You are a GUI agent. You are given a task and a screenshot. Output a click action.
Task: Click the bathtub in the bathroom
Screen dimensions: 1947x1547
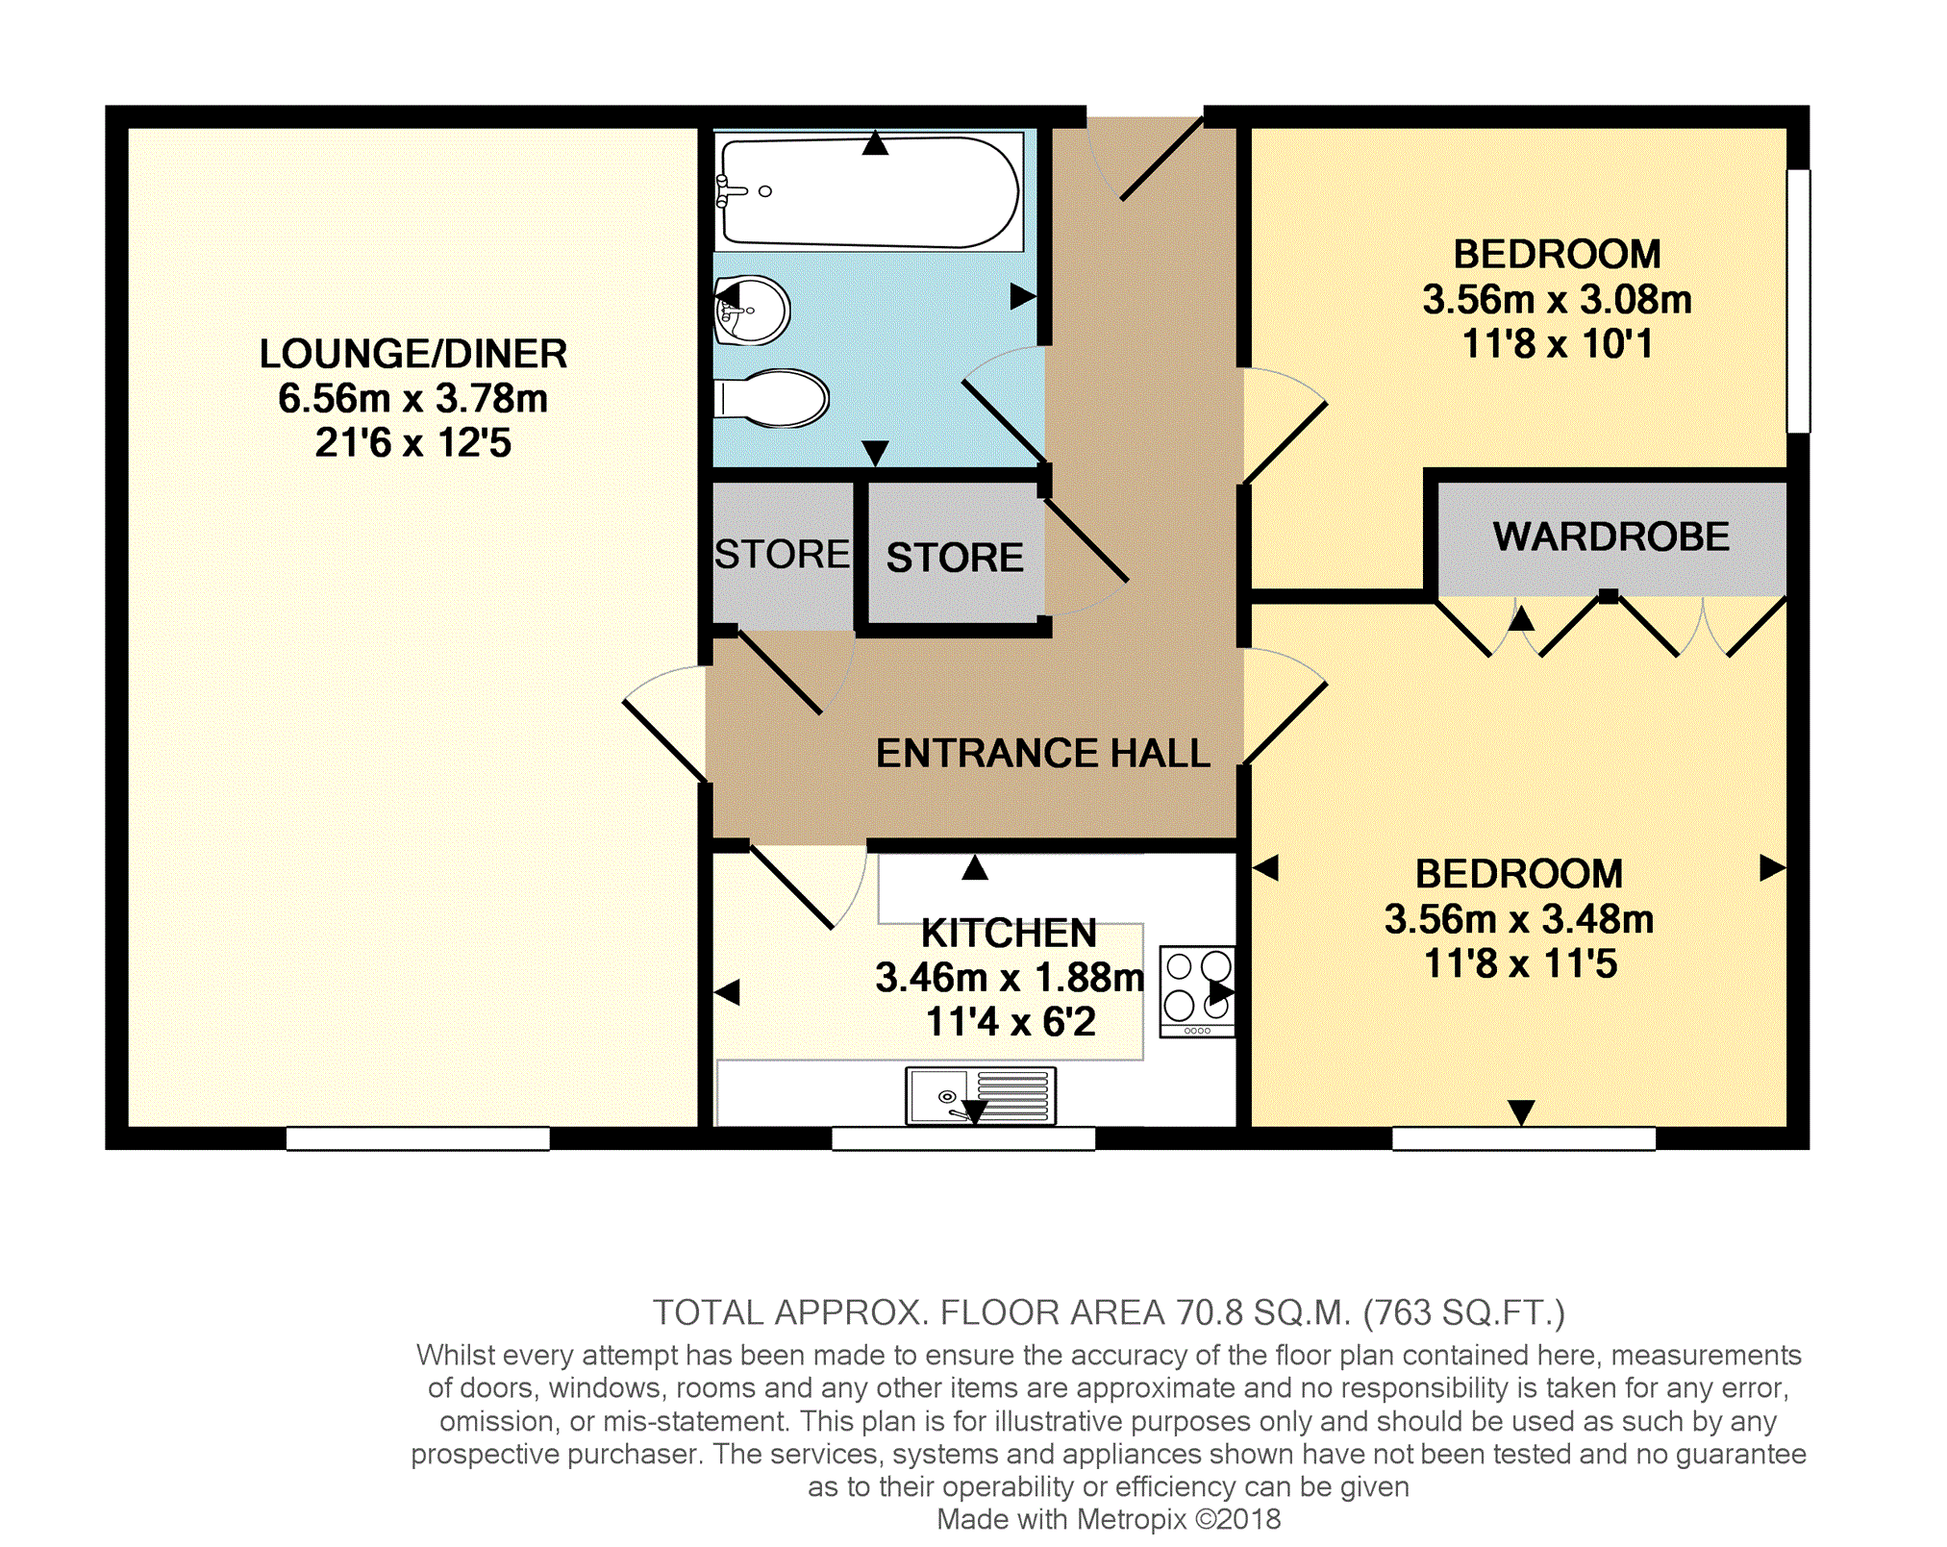point(869,191)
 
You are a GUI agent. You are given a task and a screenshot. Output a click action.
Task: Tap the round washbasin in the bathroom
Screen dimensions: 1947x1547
point(752,310)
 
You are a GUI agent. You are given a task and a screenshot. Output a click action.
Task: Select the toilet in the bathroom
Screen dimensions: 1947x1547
point(771,398)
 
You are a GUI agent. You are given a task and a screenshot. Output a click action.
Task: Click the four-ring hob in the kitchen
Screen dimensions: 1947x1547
point(1197,991)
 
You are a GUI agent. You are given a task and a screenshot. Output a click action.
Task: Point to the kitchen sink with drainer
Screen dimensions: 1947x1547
point(981,1096)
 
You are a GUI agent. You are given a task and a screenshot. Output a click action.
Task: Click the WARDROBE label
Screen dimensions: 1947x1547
point(1610,536)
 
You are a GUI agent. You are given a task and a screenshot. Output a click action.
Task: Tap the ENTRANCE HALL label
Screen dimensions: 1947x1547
point(1043,753)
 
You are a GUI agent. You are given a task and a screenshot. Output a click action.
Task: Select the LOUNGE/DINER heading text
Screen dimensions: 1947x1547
point(413,354)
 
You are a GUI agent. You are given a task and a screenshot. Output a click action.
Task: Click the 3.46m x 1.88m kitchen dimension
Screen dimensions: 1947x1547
point(1010,978)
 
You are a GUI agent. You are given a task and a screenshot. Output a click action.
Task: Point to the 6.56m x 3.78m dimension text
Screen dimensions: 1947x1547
point(413,398)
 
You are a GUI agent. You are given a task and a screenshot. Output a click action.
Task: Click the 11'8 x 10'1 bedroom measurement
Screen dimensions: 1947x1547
point(1558,343)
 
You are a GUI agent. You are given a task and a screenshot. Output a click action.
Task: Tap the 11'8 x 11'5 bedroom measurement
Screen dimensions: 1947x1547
point(1520,963)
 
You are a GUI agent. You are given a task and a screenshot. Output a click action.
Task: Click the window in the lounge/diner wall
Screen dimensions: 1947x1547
point(418,1138)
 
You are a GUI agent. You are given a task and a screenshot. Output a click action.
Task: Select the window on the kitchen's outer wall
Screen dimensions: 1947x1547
point(963,1138)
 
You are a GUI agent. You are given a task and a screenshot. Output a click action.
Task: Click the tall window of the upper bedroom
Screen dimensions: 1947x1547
point(1798,301)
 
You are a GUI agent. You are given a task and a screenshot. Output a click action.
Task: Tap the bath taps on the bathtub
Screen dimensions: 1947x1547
point(730,190)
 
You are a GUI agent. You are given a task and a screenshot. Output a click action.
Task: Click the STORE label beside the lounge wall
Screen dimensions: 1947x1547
point(783,555)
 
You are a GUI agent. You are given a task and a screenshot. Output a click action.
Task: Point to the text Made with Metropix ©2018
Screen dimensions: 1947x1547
point(1109,1519)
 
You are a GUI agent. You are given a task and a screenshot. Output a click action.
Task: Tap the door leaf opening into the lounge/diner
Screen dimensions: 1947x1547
point(665,740)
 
